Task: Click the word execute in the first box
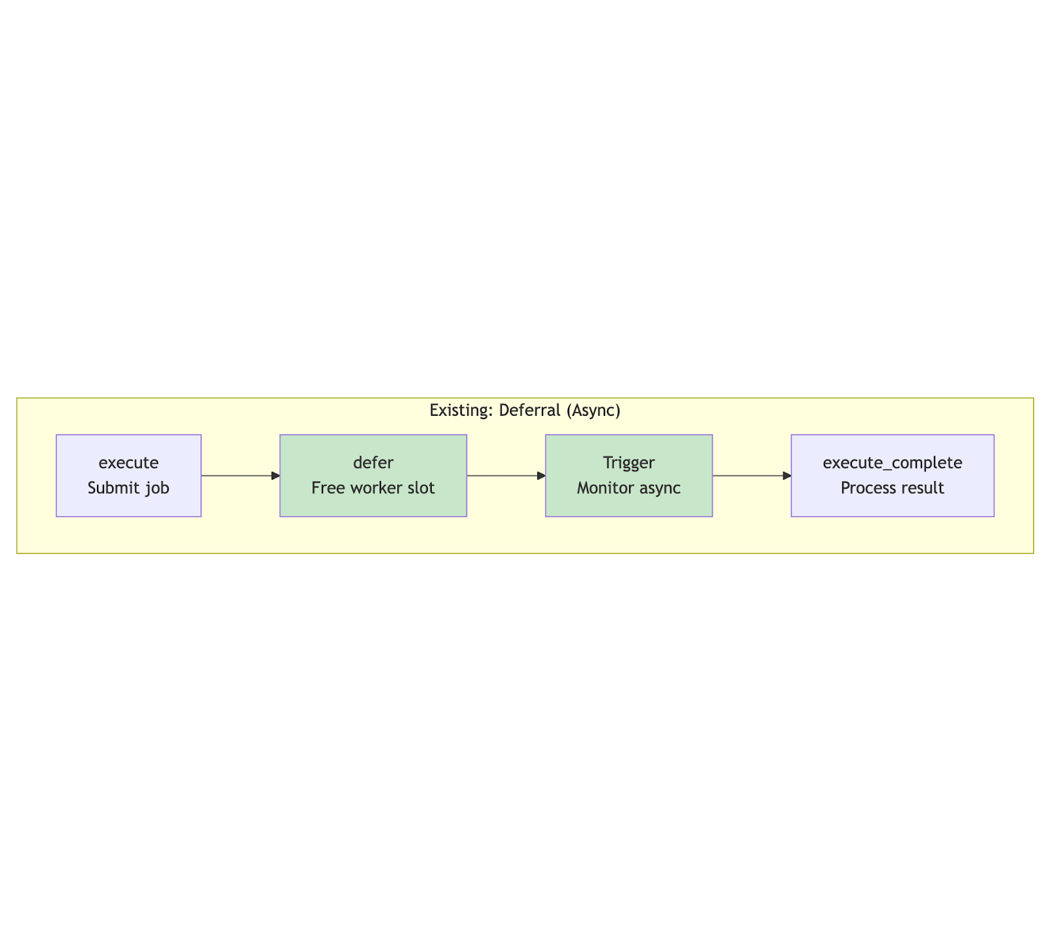128,463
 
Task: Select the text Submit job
128,488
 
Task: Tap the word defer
373,463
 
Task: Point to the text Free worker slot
373,488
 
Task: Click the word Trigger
629,463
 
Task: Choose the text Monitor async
629,488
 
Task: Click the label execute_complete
892,463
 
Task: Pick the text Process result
892,488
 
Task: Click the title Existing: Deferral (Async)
525,411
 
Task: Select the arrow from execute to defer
240,476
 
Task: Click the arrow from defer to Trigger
506,476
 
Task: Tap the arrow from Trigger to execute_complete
752,476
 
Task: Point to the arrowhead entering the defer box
275,476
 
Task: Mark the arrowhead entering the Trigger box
541,476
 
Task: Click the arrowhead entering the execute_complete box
787,476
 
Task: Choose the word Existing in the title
462,411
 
